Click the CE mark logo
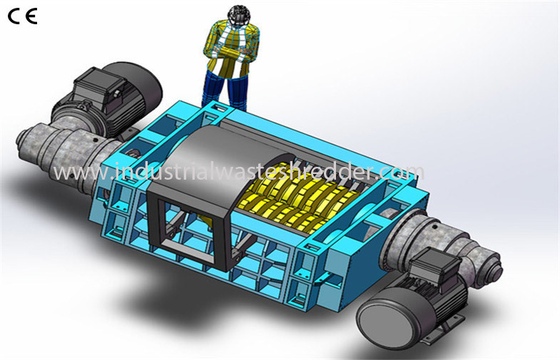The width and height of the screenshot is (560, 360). (x=22, y=16)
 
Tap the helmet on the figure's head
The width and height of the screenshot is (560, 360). (x=239, y=13)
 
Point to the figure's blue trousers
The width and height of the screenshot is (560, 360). (x=225, y=89)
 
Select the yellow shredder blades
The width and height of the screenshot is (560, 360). (x=293, y=202)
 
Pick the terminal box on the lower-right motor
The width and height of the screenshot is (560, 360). (x=434, y=267)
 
